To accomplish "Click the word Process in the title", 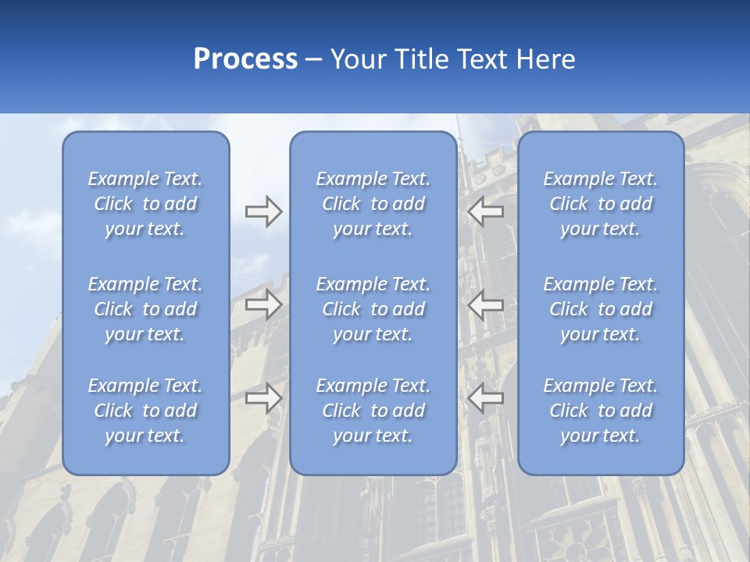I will click(245, 59).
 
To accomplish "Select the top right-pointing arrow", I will click(263, 210).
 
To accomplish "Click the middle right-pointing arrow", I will click(263, 304).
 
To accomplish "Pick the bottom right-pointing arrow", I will click(263, 398).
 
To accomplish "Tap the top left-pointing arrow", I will click(486, 210).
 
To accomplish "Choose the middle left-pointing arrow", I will click(486, 304).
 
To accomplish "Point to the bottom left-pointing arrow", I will click(486, 398).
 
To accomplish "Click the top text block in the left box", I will click(145, 204).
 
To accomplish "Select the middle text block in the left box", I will click(145, 309).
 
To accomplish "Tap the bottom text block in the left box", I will click(145, 411).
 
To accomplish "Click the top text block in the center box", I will click(373, 204).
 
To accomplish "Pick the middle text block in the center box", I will click(373, 309).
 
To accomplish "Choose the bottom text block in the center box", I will click(373, 411).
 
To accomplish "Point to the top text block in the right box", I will click(601, 204).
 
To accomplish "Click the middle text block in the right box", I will click(601, 309).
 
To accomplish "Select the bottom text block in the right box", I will click(601, 411).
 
